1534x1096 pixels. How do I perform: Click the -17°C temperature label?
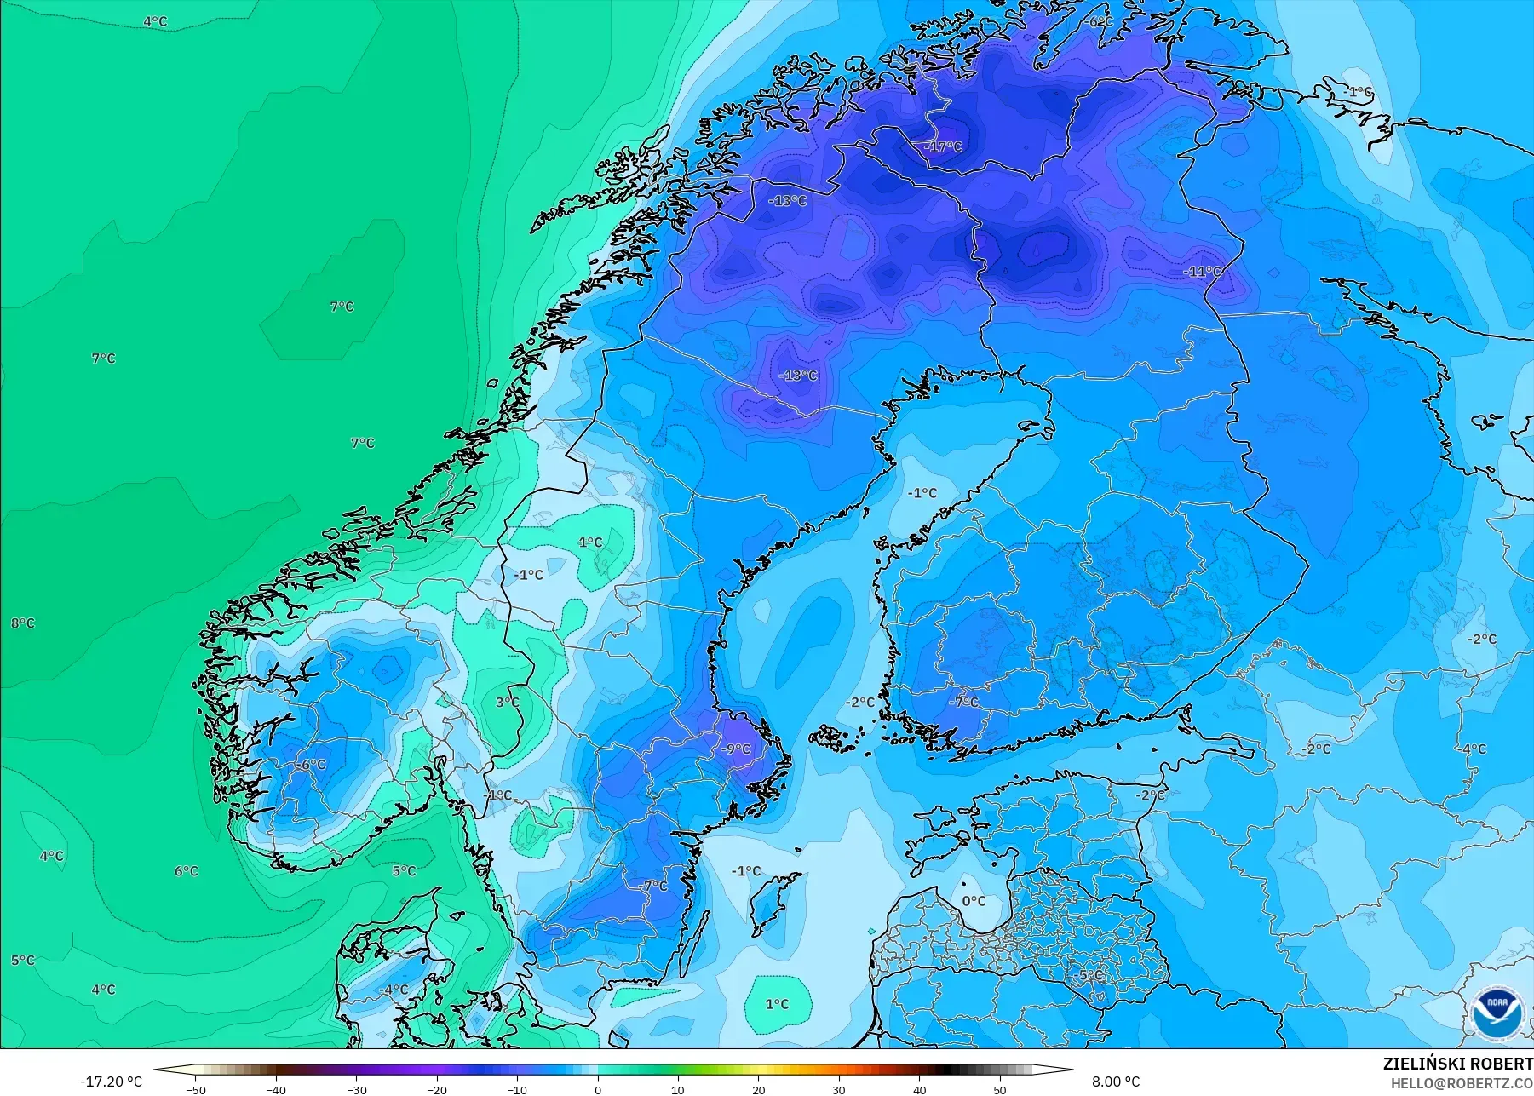click(x=943, y=146)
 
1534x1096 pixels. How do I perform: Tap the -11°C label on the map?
click(x=1202, y=272)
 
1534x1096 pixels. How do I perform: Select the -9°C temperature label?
click(x=736, y=749)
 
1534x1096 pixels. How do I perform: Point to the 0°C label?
click(x=974, y=901)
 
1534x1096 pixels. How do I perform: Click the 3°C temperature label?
click(x=507, y=703)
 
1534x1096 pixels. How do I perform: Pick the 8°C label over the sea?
click(x=23, y=623)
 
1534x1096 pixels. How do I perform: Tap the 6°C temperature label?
click(x=187, y=871)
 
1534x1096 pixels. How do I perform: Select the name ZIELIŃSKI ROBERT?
click(x=1457, y=1064)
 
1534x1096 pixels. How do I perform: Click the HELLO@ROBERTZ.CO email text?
click(x=1462, y=1083)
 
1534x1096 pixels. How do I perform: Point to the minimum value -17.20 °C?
click(x=112, y=1082)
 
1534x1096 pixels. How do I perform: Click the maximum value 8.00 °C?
click(x=1116, y=1082)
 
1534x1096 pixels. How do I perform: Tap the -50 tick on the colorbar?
click(x=196, y=1089)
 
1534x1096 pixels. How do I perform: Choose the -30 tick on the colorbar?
click(x=357, y=1089)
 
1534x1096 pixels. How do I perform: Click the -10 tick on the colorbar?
click(x=517, y=1089)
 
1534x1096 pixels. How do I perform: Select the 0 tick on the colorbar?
click(x=598, y=1089)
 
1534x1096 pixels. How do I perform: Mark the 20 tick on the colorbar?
click(x=758, y=1089)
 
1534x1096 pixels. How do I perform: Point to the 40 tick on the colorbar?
click(x=919, y=1089)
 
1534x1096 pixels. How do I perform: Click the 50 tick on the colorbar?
click(x=999, y=1089)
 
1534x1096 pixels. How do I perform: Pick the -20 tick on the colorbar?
click(x=437, y=1089)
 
